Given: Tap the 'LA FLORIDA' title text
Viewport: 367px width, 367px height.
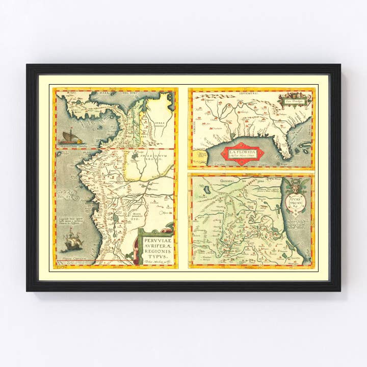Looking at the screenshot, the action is (x=243, y=152).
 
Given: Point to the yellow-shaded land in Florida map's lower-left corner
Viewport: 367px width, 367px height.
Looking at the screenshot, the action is (x=199, y=158).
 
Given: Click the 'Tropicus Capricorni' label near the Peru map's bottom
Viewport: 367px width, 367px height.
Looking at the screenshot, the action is (x=71, y=260).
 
